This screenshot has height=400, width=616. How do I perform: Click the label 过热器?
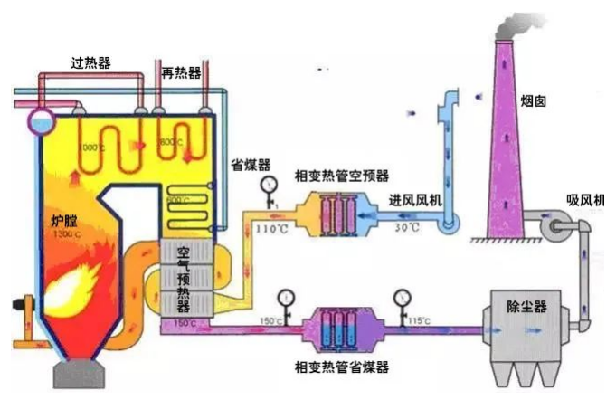tap(90, 63)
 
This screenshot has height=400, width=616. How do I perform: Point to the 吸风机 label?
tap(584, 198)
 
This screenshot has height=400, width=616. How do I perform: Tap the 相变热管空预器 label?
tap(342, 175)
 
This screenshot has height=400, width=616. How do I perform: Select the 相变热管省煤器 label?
tap(342, 367)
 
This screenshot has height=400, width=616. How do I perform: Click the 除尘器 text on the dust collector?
tap(529, 306)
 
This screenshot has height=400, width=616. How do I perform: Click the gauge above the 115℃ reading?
tap(400, 297)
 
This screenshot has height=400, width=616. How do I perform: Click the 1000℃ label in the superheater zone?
tap(91, 147)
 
